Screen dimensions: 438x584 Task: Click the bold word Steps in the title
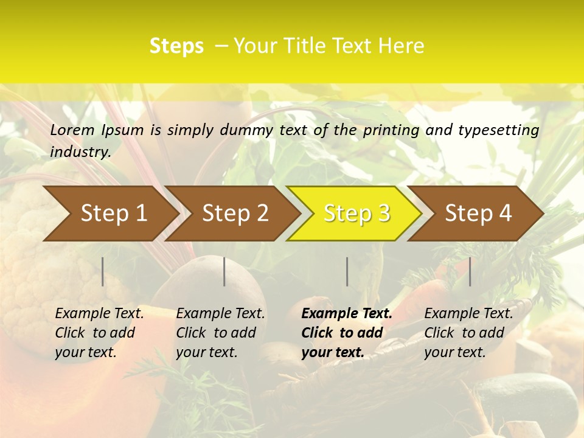(x=176, y=46)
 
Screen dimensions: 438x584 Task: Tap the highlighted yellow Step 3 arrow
(x=356, y=214)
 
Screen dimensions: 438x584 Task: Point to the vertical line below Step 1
(x=103, y=271)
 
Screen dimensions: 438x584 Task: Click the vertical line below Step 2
(x=224, y=271)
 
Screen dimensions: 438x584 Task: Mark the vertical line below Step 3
(x=347, y=271)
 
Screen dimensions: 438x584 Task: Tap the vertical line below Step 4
(x=470, y=271)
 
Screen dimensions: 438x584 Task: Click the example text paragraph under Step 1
(x=99, y=333)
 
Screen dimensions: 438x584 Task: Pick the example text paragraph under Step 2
(x=220, y=333)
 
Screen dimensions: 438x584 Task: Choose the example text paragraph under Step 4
(x=468, y=333)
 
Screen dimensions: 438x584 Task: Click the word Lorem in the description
(x=72, y=130)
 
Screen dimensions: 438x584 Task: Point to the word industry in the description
(x=80, y=152)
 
